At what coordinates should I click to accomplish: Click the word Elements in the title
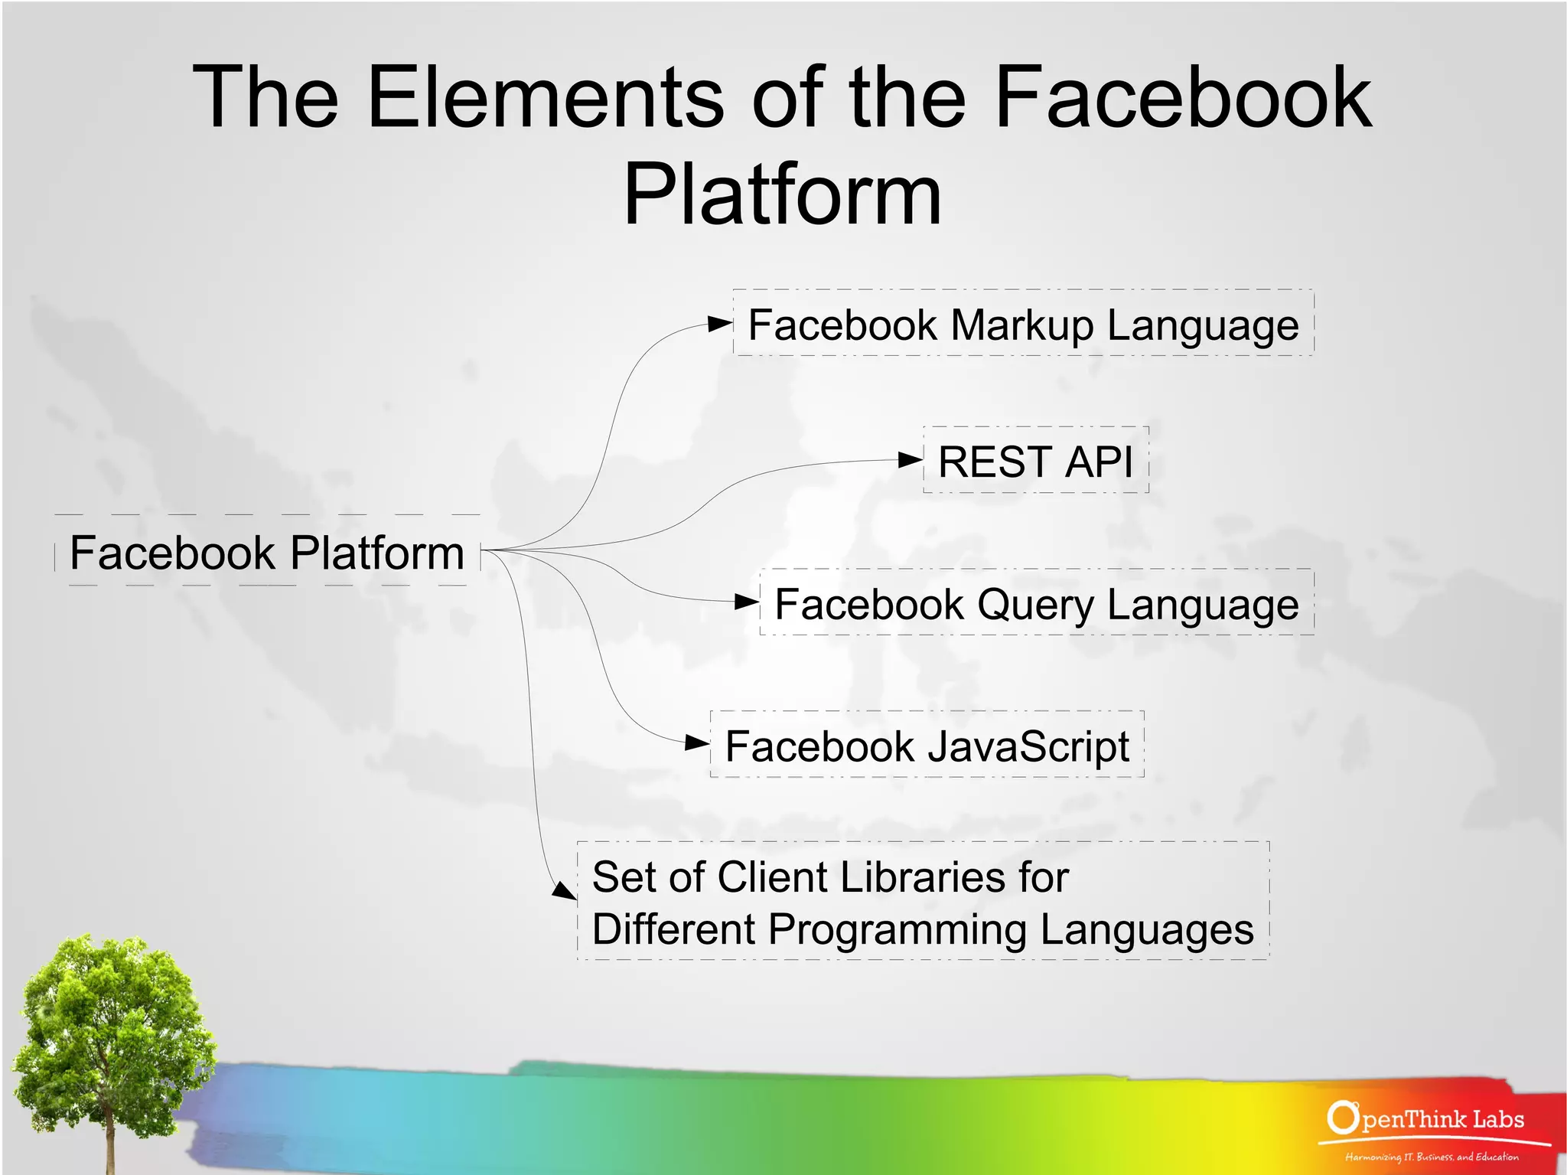pyautogui.click(x=545, y=97)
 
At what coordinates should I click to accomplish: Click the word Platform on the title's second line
pyautogui.click(x=782, y=195)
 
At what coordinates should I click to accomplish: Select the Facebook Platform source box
pyautogui.click(x=267, y=552)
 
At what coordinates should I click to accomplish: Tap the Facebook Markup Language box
pyautogui.click(x=1023, y=324)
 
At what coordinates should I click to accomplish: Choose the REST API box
pyautogui.click(x=1035, y=461)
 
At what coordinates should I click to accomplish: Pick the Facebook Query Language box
pyautogui.click(x=1036, y=603)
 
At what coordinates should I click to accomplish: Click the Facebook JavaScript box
pyautogui.click(x=927, y=746)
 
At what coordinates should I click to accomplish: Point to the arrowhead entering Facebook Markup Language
pyautogui.click(x=719, y=324)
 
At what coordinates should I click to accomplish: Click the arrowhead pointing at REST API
pyautogui.click(x=910, y=460)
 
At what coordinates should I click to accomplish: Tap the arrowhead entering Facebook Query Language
pyautogui.click(x=746, y=602)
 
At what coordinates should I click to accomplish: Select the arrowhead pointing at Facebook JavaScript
pyautogui.click(x=696, y=743)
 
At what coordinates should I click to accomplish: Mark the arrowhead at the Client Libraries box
pyautogui.click(x=565, y=890)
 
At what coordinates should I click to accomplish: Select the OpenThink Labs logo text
pyautogui.click(x=1427, y=1119)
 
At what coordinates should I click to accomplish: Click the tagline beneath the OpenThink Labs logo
pyautogui.click(x=1431, y=1157)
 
